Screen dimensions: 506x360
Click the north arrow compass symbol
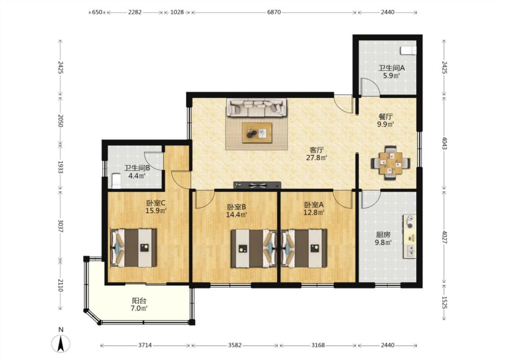60,343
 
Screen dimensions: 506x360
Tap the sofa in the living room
256,107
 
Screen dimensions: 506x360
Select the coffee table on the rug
257,132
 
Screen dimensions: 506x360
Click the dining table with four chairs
390,163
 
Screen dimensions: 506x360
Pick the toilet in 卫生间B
116,181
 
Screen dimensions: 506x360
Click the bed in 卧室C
134,248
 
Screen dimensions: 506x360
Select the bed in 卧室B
254,248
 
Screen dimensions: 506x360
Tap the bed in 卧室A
304,248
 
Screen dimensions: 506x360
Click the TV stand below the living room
257,185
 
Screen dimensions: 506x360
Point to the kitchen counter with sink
409,236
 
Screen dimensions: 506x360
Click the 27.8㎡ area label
317,158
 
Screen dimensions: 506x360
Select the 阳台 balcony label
139,300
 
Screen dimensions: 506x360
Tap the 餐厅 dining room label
385,116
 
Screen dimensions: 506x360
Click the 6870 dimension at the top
273,12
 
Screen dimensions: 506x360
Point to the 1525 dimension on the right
444,302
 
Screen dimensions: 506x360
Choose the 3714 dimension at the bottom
145,345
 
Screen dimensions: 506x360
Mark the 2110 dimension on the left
60,285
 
